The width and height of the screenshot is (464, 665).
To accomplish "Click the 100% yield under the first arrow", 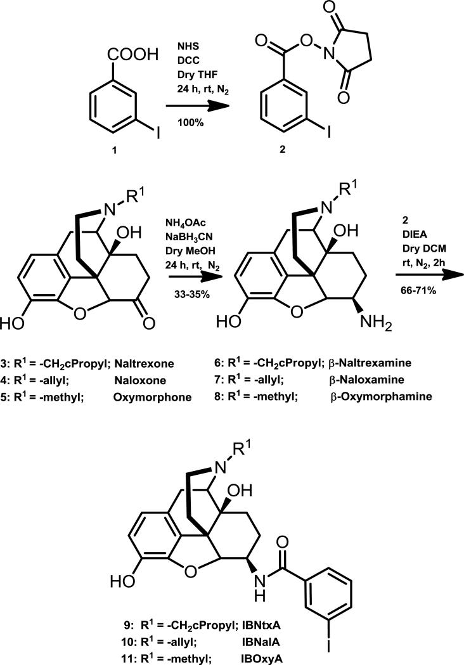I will pyautogui.click(x=191, y=122).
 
